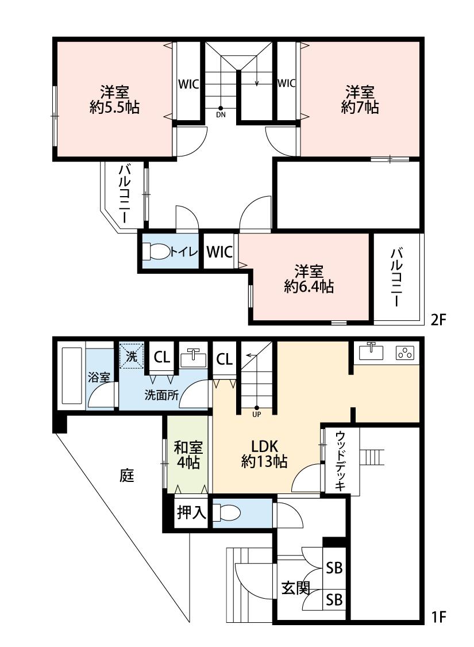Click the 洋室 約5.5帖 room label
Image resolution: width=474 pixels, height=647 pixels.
114,99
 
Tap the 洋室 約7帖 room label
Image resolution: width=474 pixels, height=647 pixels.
360,99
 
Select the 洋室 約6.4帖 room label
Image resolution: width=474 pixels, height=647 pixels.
309,279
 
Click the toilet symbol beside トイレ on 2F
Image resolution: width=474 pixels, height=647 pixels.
156,251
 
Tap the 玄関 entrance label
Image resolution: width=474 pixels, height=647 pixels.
295,588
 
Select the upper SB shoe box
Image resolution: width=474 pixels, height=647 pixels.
334,568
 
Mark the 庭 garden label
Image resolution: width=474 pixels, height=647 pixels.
127,476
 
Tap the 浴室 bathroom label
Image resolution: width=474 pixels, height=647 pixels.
99,378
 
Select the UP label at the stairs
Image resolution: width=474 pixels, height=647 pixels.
256,412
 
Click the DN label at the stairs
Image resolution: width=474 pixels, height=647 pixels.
221,114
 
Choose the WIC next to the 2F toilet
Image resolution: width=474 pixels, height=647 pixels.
219,252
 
